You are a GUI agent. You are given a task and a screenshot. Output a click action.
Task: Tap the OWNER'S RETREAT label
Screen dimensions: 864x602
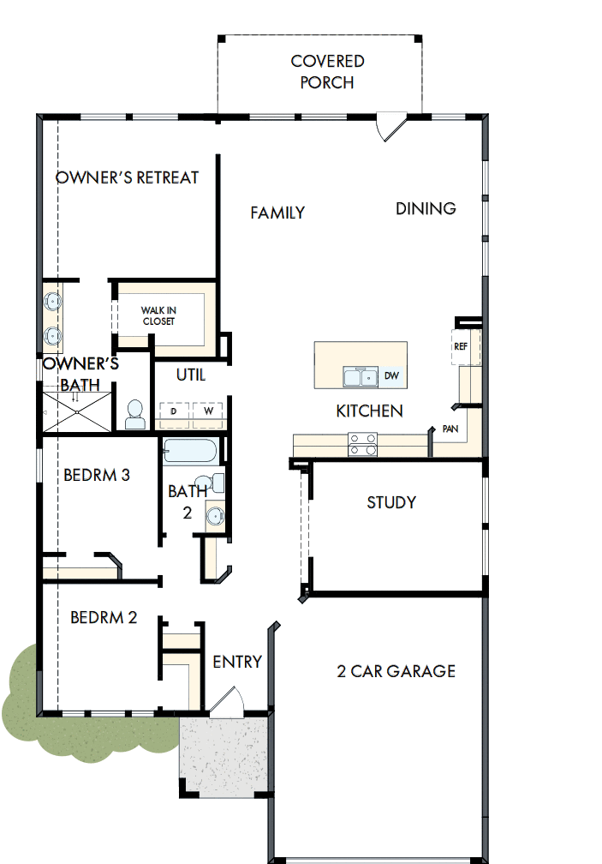tap(127, 177)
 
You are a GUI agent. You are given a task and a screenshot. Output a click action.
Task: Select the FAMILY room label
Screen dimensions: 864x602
tap(277, 213)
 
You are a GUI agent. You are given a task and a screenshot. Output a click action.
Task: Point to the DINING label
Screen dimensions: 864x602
tap(426, 208)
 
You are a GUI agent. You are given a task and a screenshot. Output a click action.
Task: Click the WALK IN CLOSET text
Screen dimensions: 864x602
tap(158, 315)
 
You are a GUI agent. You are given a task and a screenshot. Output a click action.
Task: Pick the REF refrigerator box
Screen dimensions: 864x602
tap(461, 346)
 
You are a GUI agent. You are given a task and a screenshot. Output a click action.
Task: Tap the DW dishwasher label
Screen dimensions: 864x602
tap(390, 375)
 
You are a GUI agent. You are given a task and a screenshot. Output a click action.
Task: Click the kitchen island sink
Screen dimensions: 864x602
tap(361, 377)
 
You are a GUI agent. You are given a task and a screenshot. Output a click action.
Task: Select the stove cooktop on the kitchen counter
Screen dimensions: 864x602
tap(362, 444)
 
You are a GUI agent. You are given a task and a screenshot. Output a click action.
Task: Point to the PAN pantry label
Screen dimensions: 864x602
tap(451, 428)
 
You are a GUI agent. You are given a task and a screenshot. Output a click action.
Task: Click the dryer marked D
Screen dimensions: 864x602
tap(174, 412)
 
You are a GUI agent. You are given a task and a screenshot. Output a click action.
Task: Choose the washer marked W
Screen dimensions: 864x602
tap(208, 412)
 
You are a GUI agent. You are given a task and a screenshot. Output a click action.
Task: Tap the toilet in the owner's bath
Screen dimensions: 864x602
tap(135, 415)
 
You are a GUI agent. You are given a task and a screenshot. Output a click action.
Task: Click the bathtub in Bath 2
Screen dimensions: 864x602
tap(190, 451)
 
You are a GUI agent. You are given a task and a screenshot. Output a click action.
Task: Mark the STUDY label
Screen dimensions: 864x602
tap(391, 502)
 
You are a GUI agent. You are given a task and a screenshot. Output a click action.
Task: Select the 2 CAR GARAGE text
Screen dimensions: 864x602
tap(396, 671)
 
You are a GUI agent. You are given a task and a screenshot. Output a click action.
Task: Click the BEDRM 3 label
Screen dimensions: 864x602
tap(97, 475)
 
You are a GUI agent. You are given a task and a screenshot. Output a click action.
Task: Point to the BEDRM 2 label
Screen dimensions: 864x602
tap(104, 617)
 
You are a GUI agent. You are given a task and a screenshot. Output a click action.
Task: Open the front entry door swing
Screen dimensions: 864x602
tap(227, 701)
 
